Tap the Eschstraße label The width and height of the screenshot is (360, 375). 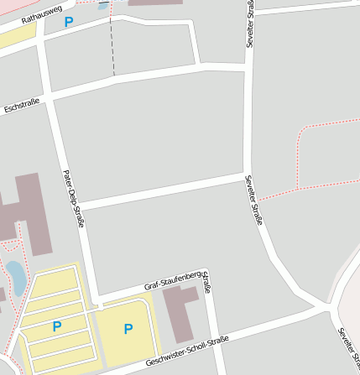(21, 107)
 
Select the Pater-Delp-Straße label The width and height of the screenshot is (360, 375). (74, 199)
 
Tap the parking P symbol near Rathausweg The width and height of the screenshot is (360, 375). (68, 22)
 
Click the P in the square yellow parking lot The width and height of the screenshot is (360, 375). (128, 329)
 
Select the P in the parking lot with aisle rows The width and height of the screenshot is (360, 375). (57, 326)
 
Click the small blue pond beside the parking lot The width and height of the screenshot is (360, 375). (15, 273)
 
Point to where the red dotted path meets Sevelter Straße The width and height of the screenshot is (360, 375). (258, 199)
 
